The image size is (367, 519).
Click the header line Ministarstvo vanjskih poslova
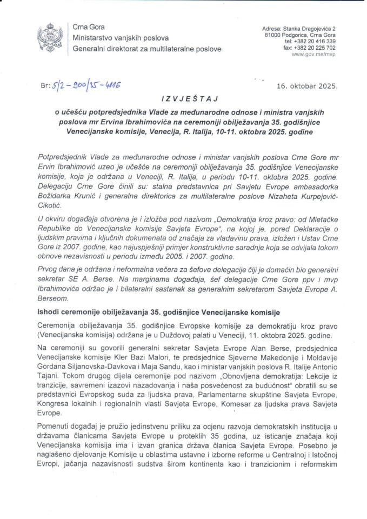pos(121,38)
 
